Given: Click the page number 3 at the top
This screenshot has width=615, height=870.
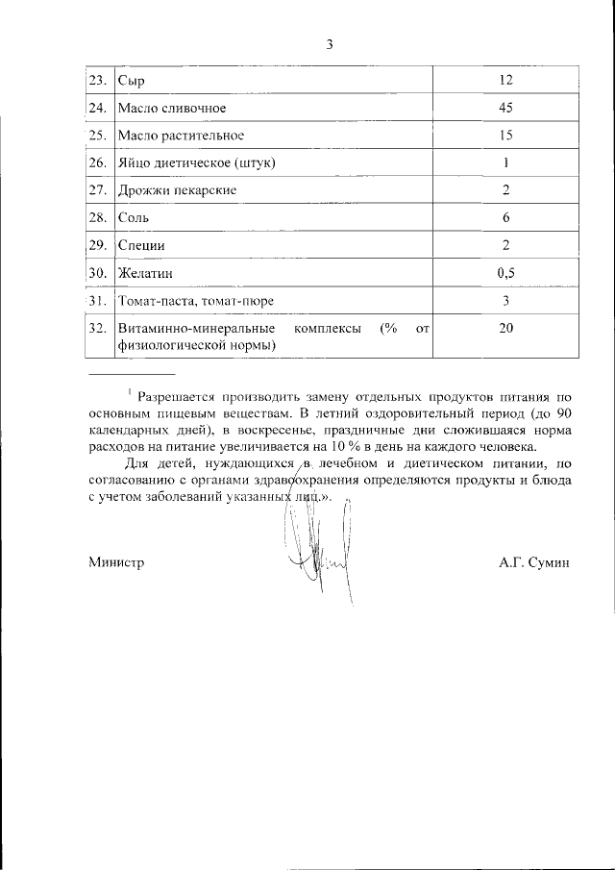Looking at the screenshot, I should coord(330,44).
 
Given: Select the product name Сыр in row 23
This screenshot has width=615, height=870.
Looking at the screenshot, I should coord(131,80).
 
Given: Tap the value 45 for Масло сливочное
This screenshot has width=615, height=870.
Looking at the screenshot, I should coord(506,107).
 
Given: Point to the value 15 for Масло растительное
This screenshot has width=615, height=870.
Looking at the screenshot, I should coord(506,135).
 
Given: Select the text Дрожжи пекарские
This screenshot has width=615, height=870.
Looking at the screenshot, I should coord(177,190).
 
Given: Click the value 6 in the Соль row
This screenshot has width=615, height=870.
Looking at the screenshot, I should coord(506,218).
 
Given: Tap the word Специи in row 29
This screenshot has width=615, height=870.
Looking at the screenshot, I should coord(141,246).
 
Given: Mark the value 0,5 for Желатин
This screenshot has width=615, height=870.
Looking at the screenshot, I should coord(506,273).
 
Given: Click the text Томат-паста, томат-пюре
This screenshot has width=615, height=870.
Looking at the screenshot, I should coord(195,302).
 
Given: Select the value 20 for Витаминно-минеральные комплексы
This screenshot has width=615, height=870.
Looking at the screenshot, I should coord(506,330).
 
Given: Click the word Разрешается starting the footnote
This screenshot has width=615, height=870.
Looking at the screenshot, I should coord(179,396).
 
